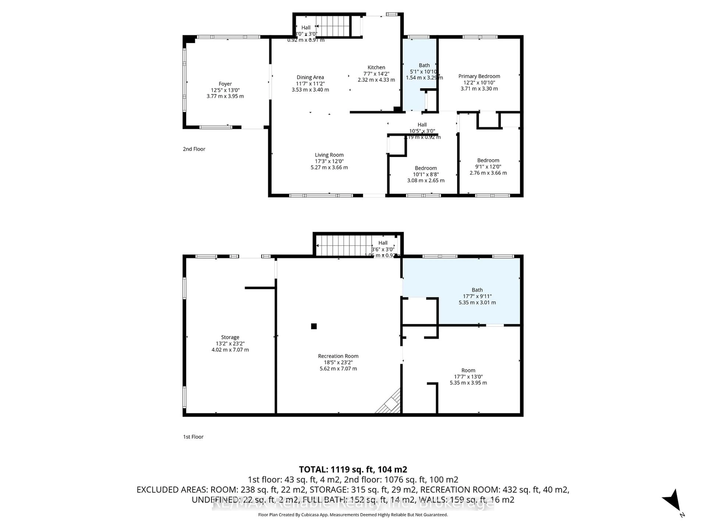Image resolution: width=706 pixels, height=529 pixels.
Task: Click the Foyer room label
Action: click(225, 84)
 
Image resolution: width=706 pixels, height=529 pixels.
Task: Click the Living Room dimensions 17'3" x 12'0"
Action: click(329, 161)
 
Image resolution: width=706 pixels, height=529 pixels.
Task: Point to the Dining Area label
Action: click(310, 77)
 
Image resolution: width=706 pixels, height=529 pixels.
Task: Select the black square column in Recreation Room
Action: click(314, 326)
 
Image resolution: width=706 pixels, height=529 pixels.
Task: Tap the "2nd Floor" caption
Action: click(194, 149)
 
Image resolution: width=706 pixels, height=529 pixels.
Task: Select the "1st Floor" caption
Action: click(193, 437)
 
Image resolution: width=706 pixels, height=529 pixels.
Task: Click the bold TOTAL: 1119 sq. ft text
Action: click(353, 469)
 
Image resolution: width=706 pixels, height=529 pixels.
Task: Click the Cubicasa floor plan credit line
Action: click(353, 515)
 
